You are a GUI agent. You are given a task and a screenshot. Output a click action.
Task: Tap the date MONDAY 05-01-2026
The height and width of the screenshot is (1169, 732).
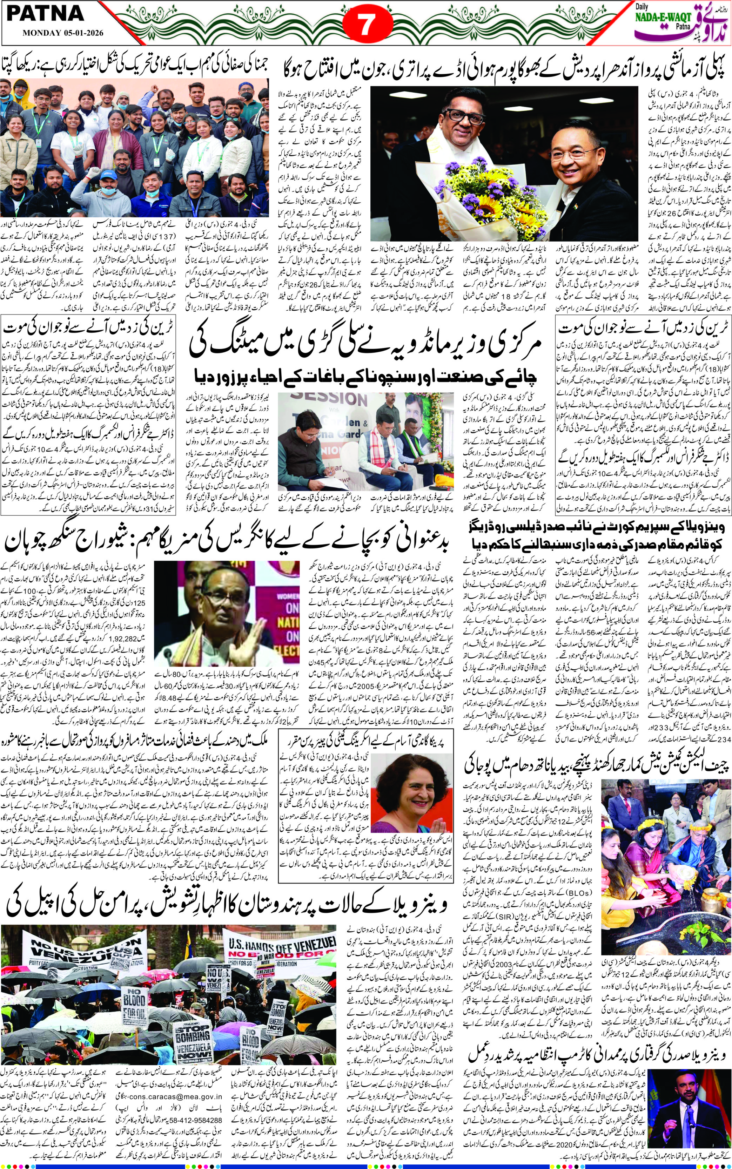[62, 34]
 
